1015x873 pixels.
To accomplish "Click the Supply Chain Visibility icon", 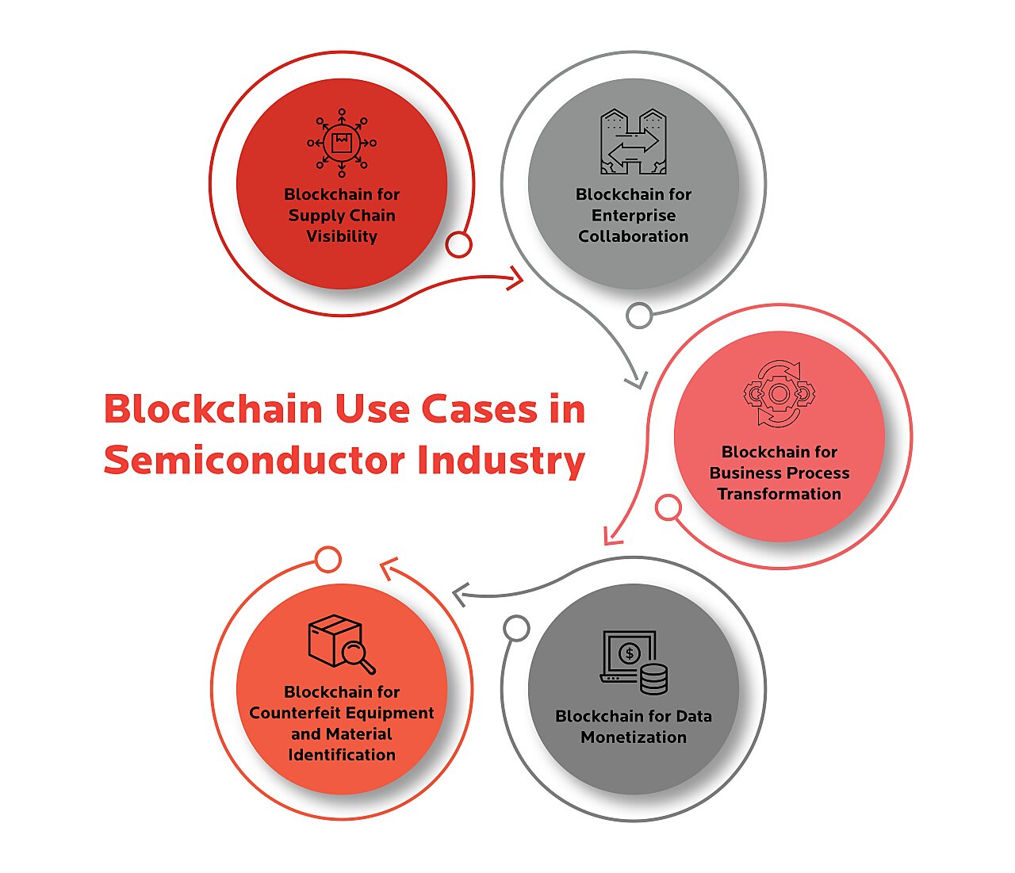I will click(342, 144).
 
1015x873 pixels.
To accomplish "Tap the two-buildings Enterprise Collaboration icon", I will click(633, 142).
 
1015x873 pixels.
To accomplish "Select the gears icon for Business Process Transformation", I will click(779, 393).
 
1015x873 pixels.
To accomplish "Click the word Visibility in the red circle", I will click(342, 236).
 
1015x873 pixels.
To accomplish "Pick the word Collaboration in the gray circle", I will click(633, 236).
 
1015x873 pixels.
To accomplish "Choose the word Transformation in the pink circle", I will click(779, 494).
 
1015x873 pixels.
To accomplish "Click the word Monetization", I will click(633, 737).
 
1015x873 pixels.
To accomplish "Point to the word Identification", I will click(342, 755).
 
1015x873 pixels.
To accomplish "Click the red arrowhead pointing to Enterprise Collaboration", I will click(516, 278).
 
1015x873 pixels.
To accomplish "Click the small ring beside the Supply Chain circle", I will click(458, 244).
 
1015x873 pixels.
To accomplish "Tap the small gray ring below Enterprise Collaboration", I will click(639, 315).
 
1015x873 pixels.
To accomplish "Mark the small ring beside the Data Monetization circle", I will click(516, 628).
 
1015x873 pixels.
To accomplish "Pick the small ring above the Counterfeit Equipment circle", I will click(327, 560).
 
